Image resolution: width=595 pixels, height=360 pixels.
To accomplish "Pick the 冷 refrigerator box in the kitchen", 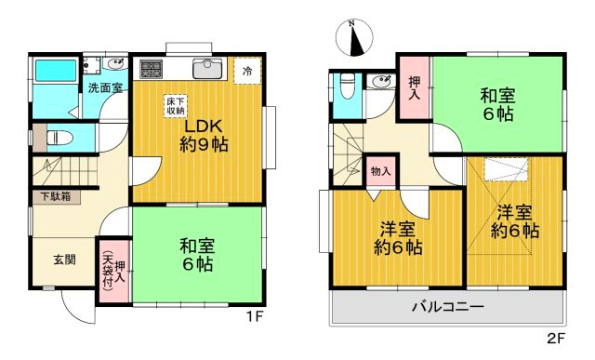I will (246, 71).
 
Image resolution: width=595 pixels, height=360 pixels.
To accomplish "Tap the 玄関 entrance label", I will (51, 258).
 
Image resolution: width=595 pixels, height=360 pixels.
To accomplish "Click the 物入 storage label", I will (380, 172).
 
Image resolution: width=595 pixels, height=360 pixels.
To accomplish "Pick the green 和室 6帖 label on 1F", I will (196, 254).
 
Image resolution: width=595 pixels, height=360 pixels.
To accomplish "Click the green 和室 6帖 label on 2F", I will (496, 104).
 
